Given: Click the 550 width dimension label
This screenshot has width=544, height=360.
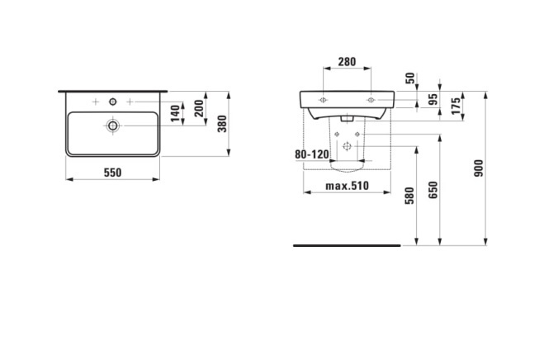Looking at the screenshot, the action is click(113, 173).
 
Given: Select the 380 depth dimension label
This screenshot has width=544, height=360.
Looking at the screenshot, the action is click(222, 124).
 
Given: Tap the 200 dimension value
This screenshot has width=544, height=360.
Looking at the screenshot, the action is click(199, 108).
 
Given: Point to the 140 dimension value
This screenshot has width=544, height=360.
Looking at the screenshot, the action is click(176, 113).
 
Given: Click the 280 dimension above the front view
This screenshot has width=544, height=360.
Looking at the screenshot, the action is click(347, 62).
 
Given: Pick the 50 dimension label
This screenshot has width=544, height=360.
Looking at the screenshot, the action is click(410, 78).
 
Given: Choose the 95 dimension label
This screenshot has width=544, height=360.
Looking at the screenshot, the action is click(433, 99).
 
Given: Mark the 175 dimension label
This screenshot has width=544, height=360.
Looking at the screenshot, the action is click(456, 106).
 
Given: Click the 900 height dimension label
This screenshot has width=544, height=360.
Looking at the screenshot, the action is click(479, 168).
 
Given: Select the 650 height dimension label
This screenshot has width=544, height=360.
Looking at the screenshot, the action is click(433, 190).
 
